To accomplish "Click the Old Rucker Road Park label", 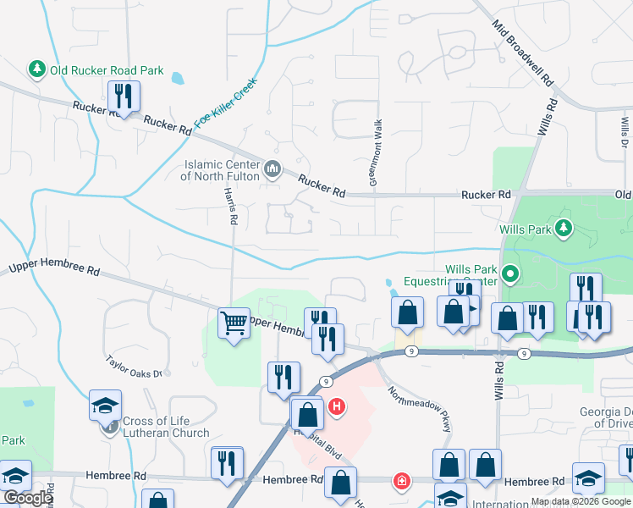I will (x=107, y=70).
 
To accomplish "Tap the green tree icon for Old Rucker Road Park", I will (x=36, y=68).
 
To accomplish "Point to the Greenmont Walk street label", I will (x=376, y=153).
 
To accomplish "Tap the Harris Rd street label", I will (x=230, y=207).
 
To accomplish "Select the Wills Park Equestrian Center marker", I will (x=509, y=273).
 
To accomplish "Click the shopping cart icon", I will (x=233, y=322).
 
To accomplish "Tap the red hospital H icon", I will (x=337, y=407).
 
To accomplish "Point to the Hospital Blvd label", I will (x=316, y=439).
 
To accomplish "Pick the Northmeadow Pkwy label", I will (x=420, y=410).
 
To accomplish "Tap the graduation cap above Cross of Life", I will (x=107, y=406).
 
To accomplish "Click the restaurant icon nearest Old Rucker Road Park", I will (x=124, y=97).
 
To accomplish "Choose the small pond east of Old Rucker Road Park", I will (x=178, y=79).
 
